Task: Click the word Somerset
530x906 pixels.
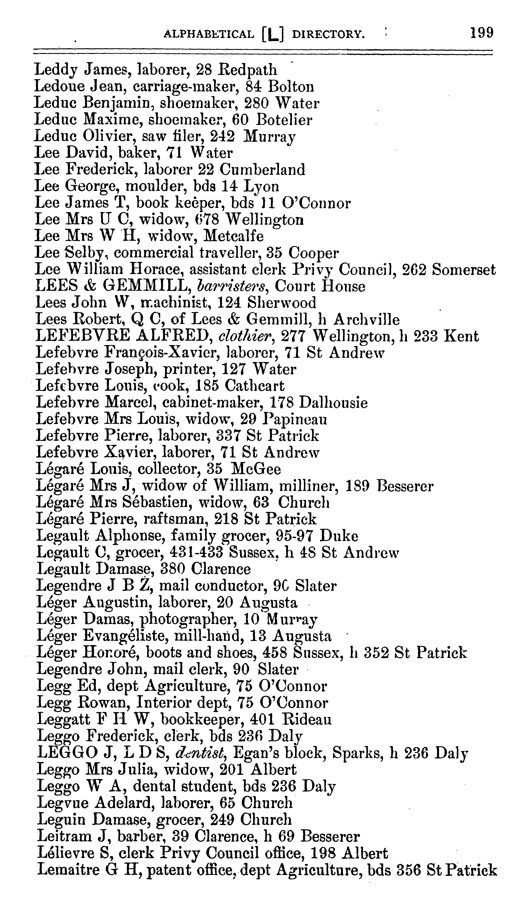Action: [x=464, y=269]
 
